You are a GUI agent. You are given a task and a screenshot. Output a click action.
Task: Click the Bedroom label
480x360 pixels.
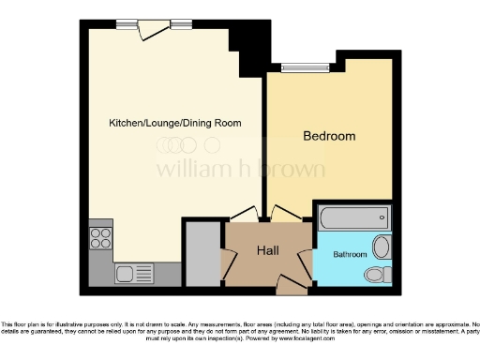click(x=329, y=137)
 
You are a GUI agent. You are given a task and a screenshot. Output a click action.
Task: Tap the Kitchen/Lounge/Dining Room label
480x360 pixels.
click(x=174, y=123)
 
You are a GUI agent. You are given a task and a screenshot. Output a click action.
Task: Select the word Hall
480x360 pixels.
click(x=268, y=250)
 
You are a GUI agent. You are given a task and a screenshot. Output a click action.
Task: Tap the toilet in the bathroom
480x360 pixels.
click(x=379, y=275)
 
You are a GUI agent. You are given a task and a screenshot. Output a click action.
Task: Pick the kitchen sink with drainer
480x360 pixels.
click(x=134, y=274)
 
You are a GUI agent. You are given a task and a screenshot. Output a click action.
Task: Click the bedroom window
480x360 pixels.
click(x=307, y=67)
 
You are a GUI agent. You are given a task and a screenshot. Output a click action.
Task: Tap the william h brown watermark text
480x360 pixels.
click(x=240, y=170)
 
